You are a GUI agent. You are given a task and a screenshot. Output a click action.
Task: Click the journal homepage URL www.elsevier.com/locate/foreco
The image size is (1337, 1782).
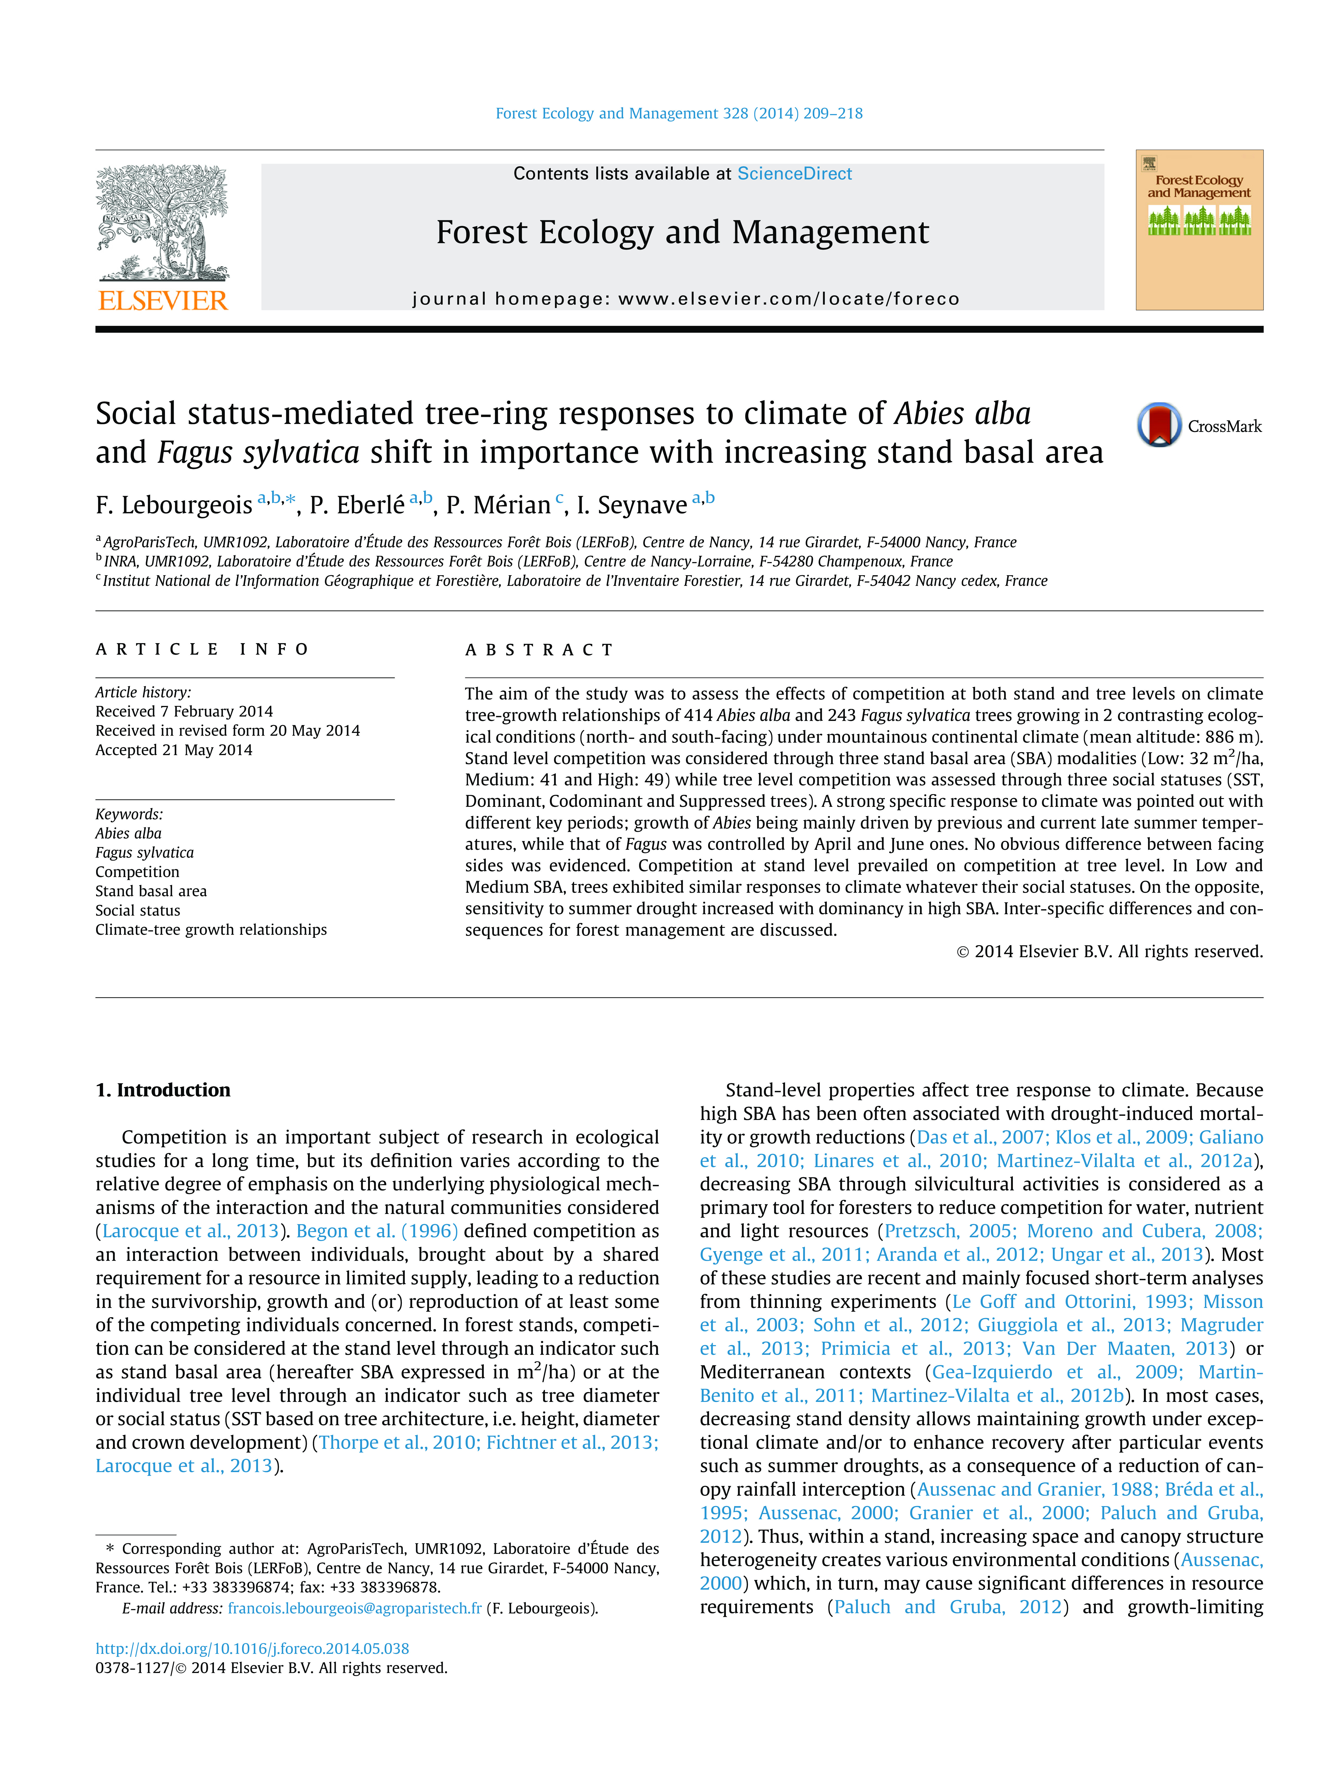(x=788, y=299)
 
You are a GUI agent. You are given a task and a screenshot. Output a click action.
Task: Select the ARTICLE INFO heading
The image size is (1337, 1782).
(x=202, y=649)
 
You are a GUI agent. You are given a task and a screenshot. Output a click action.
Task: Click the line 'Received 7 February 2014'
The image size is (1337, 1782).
(x=184, y=711)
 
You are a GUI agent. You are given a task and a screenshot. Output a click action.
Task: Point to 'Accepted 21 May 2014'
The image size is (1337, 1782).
(x=173, y=750)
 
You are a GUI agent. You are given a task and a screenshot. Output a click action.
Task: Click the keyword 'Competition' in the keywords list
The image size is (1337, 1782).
(x=137, y=872)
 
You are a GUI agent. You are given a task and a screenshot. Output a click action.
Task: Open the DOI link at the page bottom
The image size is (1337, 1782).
(x=252, y=1648)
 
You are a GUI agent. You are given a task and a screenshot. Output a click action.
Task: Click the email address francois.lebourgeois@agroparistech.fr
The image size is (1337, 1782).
(x=355, y=1608)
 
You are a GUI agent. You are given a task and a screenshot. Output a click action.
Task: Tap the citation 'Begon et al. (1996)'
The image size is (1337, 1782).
(x=376, y=1231)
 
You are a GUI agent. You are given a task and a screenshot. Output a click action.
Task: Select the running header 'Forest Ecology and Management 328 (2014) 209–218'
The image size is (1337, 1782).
(x=679, y=114)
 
